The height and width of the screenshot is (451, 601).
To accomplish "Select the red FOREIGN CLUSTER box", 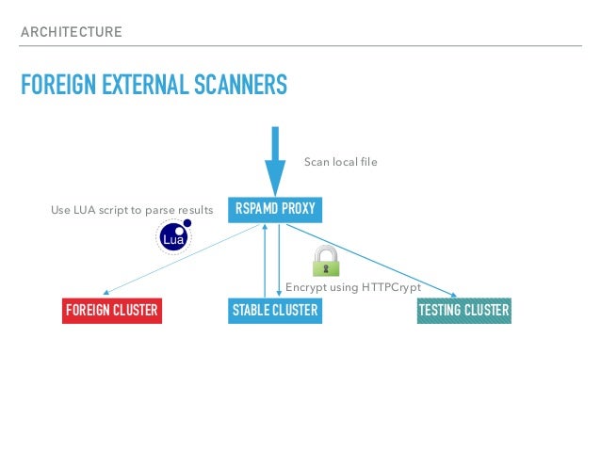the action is click(x=111, y=311).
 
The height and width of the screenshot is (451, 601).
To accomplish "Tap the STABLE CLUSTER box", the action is click(x=275, y=311).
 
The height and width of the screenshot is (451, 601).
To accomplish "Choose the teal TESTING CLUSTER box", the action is click(x=463, y=311).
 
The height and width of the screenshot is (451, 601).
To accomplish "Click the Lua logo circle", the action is click(x=172, y=239).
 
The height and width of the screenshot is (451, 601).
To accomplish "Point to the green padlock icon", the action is click(x=326, y=260).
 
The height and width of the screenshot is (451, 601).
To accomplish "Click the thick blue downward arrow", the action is click(x=275, y=160).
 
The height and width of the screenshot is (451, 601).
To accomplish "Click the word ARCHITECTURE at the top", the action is click(x=72, y=33).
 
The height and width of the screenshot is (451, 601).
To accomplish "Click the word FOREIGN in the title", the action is click(x=56, y=88).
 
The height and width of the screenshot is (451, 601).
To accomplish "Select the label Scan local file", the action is click(x=340, y=162).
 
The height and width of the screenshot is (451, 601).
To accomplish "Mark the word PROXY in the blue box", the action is click(x=297, y=208).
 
